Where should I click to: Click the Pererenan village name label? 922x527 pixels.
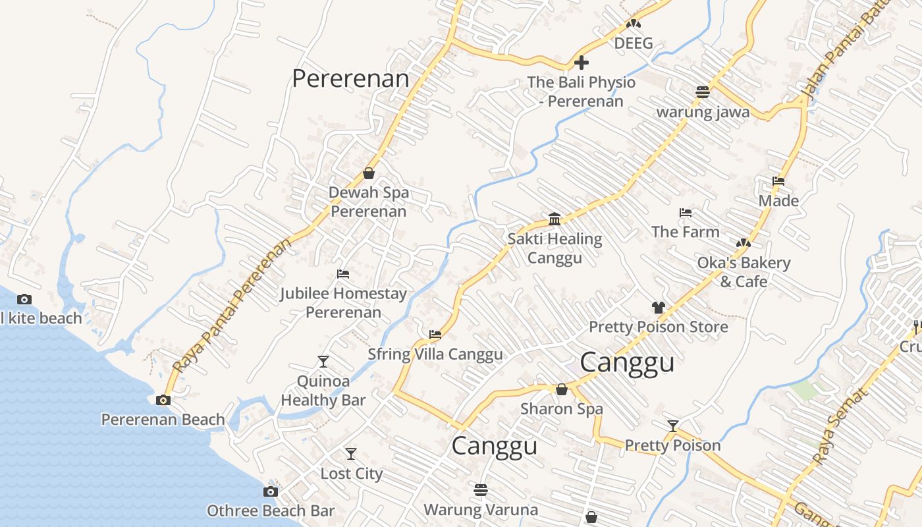[x=350, y=79]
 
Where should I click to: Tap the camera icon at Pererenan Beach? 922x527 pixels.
[x=163, y=400]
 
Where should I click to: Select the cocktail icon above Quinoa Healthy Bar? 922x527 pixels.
[x=323, y=361]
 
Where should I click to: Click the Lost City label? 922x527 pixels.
[x=351, y=474]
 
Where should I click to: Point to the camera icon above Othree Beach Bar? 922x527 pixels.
[x=270, y=491]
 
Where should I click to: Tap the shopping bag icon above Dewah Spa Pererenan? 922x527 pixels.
[x=369, y=173]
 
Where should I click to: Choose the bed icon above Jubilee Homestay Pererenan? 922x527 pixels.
[x=342, y=274]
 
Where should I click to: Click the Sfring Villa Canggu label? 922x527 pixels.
[x=435, y=354]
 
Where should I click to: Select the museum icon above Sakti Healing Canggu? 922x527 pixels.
[x=555, y=219]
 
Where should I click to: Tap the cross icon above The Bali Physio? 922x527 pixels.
[x=582, y=63]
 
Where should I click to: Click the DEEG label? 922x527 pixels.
[x=634, y=43]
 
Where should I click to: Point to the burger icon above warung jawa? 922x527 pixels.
[x=703, y=92]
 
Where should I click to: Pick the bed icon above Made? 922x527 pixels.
[x=778, y=181]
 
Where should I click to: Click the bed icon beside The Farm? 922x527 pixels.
[x=686, y=213]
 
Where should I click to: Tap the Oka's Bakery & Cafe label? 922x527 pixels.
[x=744, y=272]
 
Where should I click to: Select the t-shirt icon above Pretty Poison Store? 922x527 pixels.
[x=658, y=307]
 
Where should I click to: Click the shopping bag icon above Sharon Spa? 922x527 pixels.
[x=562, y=389]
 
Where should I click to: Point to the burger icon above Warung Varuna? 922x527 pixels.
[x=481, y=490]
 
